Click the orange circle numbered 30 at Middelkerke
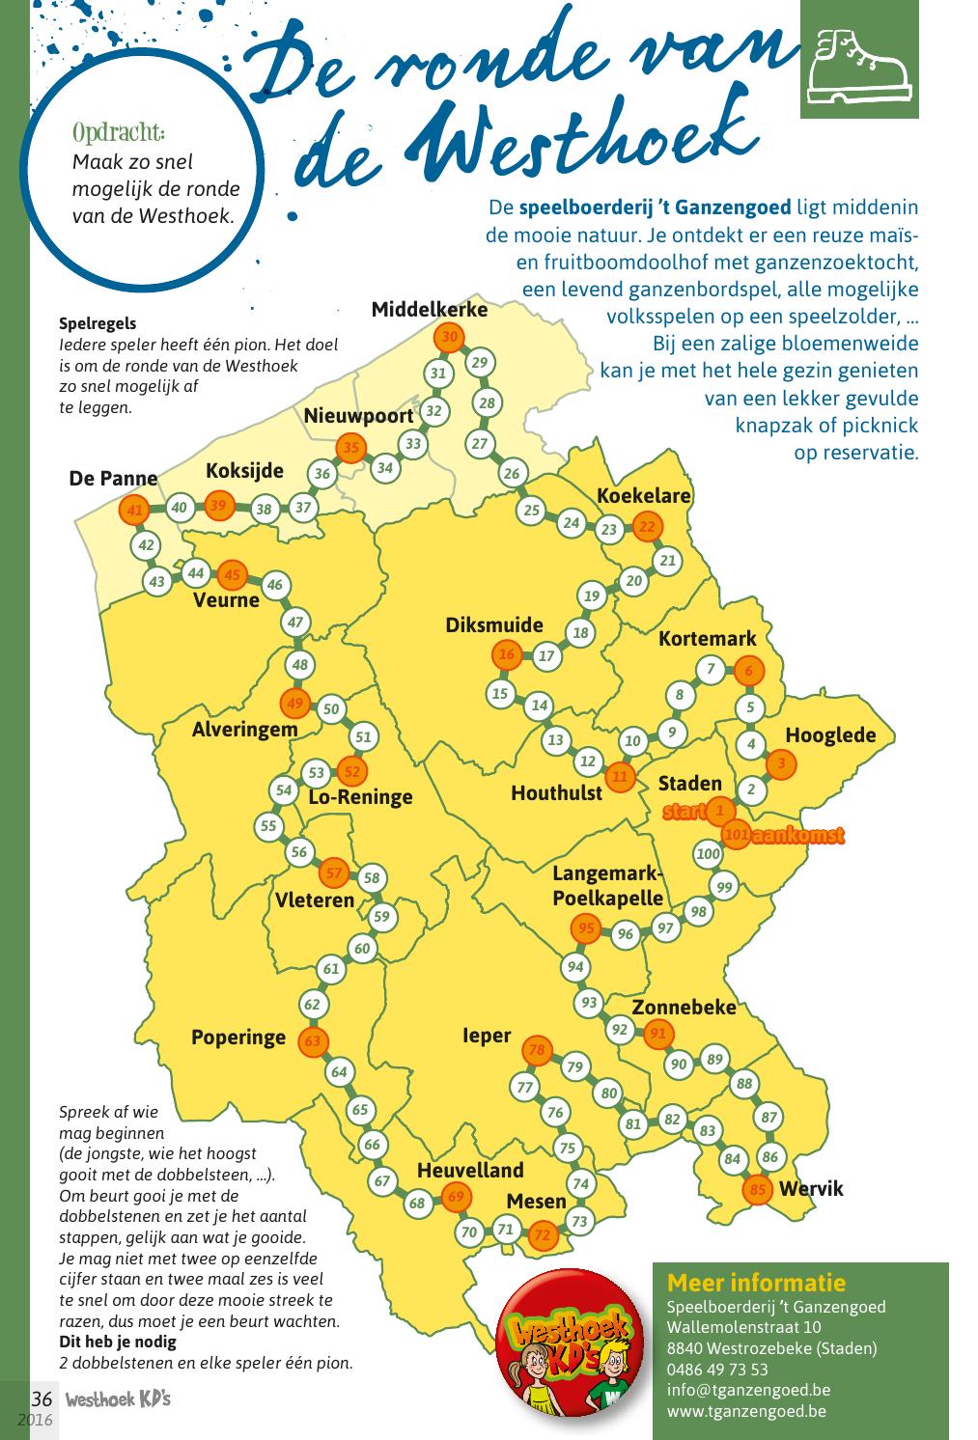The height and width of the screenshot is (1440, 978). coord(449,338)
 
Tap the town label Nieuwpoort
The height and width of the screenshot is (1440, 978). coord(358,416)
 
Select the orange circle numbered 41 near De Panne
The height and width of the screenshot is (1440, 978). coord(135,511)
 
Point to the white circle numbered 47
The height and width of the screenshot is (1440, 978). coord(296,623)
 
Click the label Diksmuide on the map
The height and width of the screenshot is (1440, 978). coord(493,624)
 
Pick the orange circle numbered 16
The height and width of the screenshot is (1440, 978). coord(507,654)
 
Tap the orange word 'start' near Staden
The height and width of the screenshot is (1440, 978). coord(684,812)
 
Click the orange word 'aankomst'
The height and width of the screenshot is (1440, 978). coord(797,835)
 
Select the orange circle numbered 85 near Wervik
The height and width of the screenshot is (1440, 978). coord(758,1189)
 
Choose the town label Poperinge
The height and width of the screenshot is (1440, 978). coord(238,1038)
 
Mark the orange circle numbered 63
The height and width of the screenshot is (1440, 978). coord(312,1042)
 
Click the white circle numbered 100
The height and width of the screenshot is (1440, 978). coord(708,853)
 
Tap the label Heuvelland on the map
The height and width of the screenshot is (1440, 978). coord(470,1170)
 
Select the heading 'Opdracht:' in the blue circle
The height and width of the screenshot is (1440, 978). coord(119,131)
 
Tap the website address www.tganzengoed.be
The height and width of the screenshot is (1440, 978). coord(745,1411)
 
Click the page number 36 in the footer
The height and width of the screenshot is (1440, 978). coord(42,1399)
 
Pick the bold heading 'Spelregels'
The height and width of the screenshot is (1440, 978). coord(98,324)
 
